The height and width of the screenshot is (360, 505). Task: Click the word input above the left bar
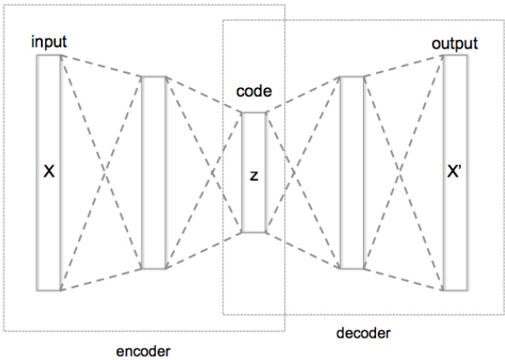pos(49,42)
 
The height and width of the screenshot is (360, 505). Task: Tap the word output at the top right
pos(454,43)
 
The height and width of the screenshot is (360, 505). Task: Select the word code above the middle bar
pos(254,91)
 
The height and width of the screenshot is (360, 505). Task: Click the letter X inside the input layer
pos(49,173)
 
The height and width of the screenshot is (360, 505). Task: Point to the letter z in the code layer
pos(254,175)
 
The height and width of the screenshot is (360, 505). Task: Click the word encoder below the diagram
pos(144,351)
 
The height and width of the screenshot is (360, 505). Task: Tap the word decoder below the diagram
pos(364,333)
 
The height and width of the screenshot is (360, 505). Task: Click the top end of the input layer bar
pos(49,58)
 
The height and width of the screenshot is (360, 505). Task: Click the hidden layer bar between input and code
pos(154,173)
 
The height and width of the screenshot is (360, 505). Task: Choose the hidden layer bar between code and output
pos(351,173)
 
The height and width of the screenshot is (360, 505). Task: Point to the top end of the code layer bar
pos(254,114)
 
